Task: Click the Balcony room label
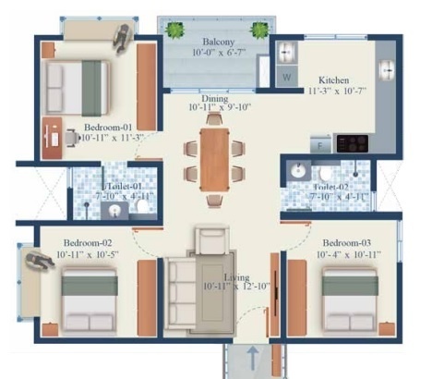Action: [218, 43]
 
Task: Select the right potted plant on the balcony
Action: [261, 30]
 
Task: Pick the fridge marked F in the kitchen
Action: [322, 145]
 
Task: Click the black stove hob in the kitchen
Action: [354, 143]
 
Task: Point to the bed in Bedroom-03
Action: [348, 295]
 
